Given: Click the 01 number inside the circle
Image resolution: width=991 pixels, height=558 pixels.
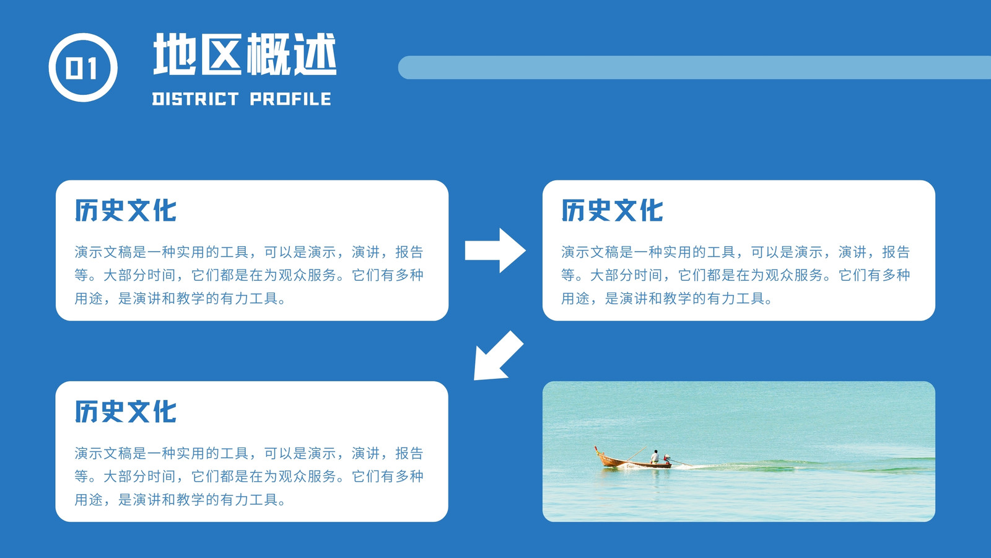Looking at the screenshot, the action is [x=82, y=69].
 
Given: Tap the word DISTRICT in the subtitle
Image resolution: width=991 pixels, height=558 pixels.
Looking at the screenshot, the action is [x=196, y=99].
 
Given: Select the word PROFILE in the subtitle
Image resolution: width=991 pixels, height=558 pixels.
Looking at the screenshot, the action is [x=290, y=99].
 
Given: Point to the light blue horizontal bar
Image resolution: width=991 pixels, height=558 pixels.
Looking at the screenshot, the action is [x=694, y=68].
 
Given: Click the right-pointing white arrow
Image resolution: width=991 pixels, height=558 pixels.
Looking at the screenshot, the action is [x=495, y=250].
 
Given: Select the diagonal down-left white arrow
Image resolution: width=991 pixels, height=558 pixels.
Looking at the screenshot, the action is [x=498, y=356].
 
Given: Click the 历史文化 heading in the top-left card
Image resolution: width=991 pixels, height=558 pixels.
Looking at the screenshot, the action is [x=126, y=210].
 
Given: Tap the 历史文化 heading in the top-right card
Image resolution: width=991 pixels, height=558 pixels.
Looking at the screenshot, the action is [x=613, y=210].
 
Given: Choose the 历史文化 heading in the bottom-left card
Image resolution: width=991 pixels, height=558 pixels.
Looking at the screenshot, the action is [x=126, y=412].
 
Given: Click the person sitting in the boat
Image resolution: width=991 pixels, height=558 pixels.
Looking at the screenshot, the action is [x=655, y=456].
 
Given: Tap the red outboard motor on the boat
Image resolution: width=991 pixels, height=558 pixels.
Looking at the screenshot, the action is [x=666, y=458].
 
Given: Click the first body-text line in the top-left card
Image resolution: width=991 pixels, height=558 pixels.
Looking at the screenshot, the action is [x=249, y=252].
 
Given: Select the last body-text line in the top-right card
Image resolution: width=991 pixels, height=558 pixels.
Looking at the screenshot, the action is [x=666, y=298].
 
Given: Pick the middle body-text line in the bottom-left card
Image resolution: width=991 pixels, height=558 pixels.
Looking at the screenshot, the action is [x=249, y=476].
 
